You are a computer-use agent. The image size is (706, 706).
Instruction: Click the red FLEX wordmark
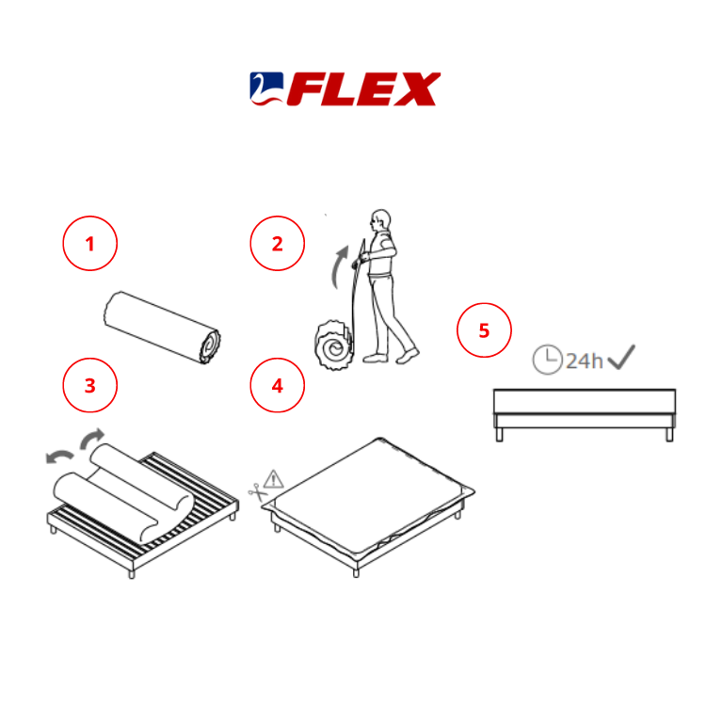click(363, 89)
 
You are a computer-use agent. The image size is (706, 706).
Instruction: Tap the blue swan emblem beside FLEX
click(267, 88)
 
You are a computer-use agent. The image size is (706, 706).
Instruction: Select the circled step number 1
click(90, 243)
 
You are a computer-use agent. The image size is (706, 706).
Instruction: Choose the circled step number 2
click(278, 243)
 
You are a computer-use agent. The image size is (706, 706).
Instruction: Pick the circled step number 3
click(90, 385)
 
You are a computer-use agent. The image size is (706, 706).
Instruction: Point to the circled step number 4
click(278, 385)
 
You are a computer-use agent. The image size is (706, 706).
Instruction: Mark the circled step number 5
click(484, 330)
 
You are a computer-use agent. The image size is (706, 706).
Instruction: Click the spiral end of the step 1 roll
click(210, 345)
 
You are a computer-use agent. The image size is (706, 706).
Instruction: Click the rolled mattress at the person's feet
click(333, 345)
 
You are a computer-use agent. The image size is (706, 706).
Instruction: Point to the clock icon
click(548, 360)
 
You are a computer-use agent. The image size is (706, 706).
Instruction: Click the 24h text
click(584, 361)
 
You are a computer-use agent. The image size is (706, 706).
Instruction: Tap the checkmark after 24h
click(621, 357)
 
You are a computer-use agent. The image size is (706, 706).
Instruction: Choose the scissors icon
click(259, 492)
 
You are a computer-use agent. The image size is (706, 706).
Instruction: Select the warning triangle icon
click(273, 479)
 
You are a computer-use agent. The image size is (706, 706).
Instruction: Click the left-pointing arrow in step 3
click(59, 457)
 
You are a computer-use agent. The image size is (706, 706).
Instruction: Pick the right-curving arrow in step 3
click(92, 438)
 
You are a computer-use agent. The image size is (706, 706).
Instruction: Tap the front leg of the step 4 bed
click(356, 572)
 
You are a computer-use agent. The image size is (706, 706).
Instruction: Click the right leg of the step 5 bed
click(669, 435)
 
